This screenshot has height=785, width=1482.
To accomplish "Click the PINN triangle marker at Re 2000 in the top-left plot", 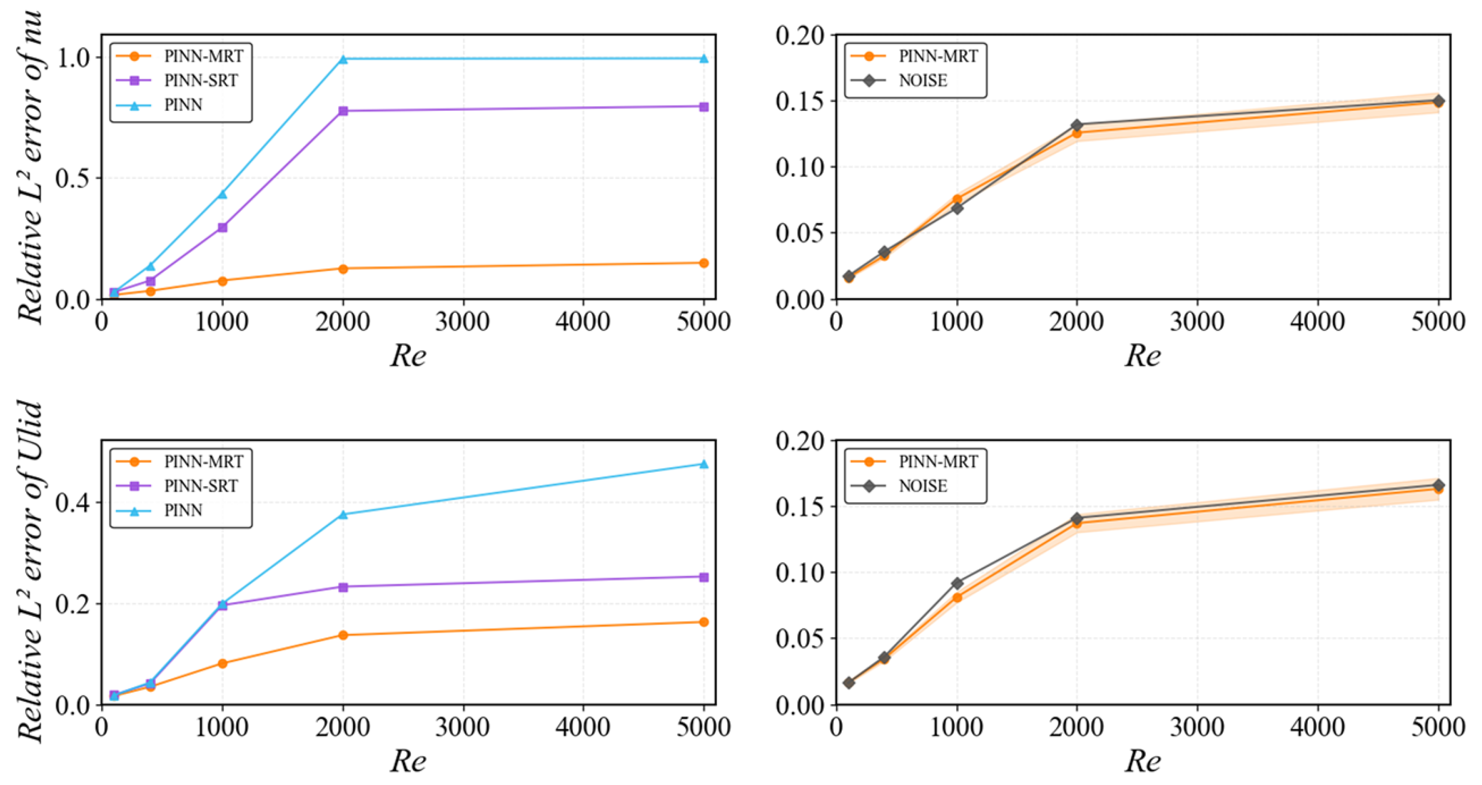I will click(x=343, y=59).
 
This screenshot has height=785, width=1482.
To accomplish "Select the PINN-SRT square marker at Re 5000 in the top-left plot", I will click(x=703, y=106).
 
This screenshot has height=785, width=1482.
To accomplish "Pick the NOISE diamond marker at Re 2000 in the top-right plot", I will click(x=1076, y=125).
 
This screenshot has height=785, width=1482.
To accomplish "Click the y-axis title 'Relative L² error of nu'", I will click(x=30, y=167).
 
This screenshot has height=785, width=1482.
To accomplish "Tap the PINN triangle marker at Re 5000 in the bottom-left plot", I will click(x=703, y=464).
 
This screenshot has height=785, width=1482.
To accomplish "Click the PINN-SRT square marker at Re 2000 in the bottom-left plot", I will click(x=343, y=587).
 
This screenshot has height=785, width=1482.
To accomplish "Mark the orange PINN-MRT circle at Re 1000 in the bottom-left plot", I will click(x=223, y=663).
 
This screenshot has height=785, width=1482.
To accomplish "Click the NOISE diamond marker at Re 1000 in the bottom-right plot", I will click(x=957, y=583).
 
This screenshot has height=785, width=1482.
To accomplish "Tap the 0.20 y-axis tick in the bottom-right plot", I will click(x=800, y=441).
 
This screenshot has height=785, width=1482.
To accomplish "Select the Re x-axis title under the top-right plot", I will click(x=1142, y=356).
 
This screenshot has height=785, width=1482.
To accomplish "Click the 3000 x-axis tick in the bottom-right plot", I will click(x=1197, y=727).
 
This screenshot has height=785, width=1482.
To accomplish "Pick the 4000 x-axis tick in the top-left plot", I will click(x=583, y=322).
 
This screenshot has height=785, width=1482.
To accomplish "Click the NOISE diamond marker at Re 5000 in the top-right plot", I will click(x=1438, y=101).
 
